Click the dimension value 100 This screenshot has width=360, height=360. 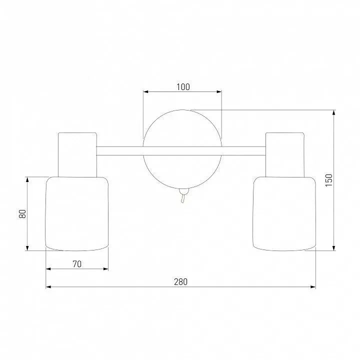pos(183,87)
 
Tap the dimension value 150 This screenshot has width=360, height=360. pos(329,180)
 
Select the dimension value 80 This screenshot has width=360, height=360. pos(22,214)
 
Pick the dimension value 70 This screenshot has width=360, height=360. pos(77,264)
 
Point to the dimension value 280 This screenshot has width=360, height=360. pos(180,281)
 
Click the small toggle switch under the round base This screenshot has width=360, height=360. pos(183,195)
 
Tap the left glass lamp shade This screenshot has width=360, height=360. pos(77,213)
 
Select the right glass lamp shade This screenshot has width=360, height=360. pos(284,213)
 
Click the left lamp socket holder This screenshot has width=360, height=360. pos(77,154)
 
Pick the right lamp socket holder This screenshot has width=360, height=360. pos(285,154)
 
